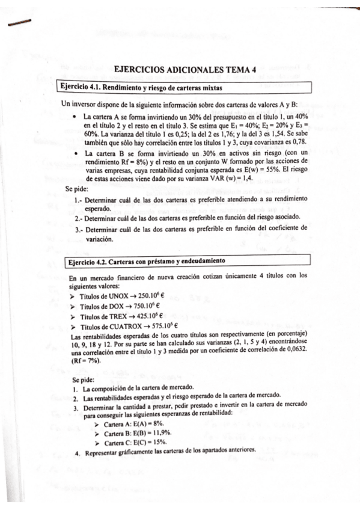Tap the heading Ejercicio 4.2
[x=88, y=262]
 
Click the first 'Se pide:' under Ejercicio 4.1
[x=77, y=189]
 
